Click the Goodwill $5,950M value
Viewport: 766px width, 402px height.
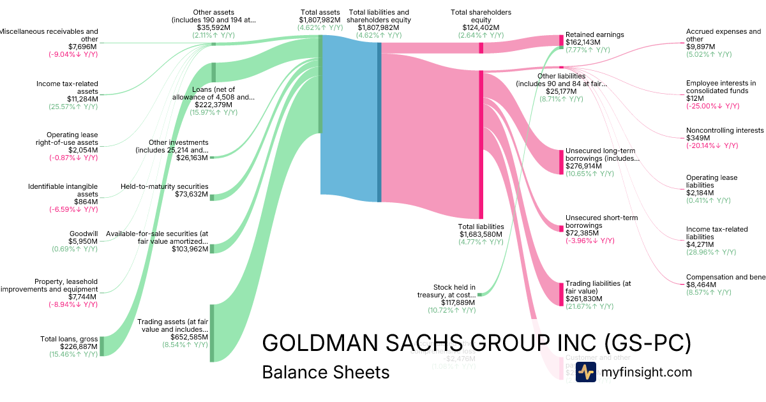(83, 241)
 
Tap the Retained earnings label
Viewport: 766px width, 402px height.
(595, 34)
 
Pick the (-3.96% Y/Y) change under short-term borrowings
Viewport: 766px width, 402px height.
(590, 241)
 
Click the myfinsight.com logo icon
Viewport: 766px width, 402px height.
(585, 372)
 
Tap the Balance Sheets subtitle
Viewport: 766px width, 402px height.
(326, 372)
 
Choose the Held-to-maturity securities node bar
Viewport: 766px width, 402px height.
(212, 197)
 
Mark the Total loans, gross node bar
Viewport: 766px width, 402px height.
(101, 346)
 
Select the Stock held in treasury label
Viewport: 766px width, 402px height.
(454, 291)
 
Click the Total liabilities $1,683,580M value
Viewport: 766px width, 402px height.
(481, 234)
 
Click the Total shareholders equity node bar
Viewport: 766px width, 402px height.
(481, 48)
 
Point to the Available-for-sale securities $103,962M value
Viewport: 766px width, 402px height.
(190, 249)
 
